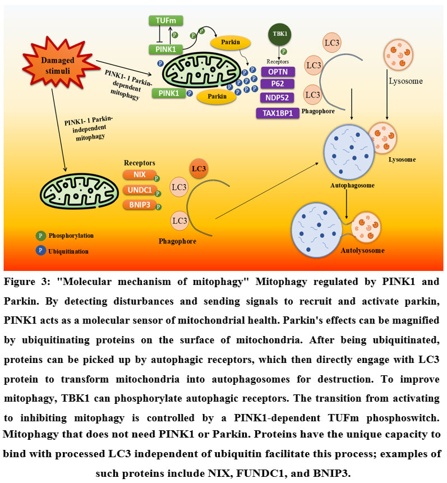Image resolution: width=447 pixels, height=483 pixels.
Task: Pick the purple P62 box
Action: coord(279,84)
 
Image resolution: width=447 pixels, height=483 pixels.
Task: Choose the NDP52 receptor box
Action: coord(279,98)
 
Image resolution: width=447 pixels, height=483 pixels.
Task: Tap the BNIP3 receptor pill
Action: coord(139,206)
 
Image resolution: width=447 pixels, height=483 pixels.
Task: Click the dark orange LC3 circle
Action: coord(197,169)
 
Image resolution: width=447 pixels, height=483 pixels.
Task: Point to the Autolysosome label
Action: coord(362,250)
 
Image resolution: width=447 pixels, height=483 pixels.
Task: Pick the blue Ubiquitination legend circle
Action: coord(40,251)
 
